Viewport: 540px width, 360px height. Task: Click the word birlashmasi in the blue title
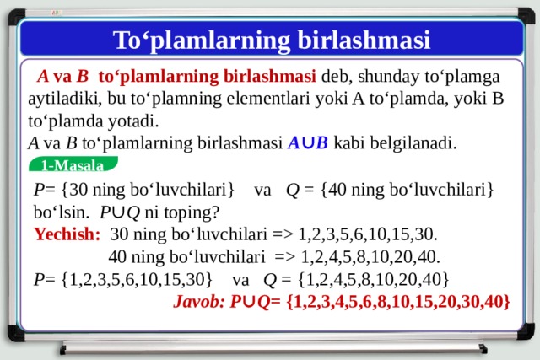coord(364,40)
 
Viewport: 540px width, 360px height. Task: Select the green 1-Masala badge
coord(73,164)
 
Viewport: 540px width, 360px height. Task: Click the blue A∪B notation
coord(308,142)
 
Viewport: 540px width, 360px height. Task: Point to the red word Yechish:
coord(67,234)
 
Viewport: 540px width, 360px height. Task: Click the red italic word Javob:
coord(199,302)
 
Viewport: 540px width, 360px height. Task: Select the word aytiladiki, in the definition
coord(65,99)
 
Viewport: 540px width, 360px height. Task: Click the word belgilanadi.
coord(413,143)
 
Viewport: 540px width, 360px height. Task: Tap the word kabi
coord(348,142)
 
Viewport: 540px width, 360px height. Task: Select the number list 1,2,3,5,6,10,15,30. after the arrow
coord(368,234)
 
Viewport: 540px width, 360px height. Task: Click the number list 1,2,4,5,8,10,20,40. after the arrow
coord(370,257)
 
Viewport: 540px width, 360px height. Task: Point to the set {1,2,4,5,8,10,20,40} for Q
coord(374,279)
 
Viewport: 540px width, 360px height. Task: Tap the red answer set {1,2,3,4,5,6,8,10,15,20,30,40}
coord(397,302)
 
